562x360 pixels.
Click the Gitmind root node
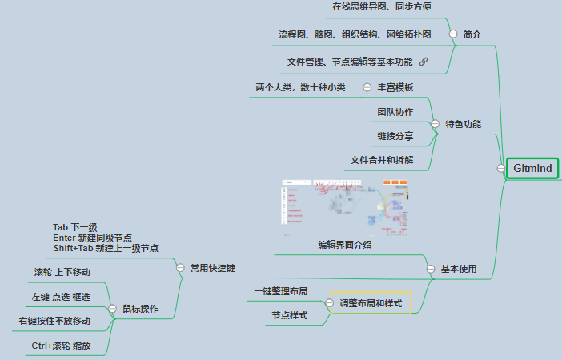tap(532, 169)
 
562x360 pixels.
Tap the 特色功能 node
tap(463, 124)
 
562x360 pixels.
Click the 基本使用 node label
tap(459, 269)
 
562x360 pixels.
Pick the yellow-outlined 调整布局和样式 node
tap(371, 303)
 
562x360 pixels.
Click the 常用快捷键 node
tap(212, 268)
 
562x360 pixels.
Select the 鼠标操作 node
tap(140, 308)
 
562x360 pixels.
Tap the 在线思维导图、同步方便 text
tap(382, 7)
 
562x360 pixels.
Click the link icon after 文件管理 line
tap(424, 62)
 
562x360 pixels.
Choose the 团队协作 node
tap(395, 112)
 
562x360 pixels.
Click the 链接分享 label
tap(395, 136)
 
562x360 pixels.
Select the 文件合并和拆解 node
tap(382, 160)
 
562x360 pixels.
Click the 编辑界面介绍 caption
tap(344, 245)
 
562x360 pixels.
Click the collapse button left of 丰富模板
tap(367, 87)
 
